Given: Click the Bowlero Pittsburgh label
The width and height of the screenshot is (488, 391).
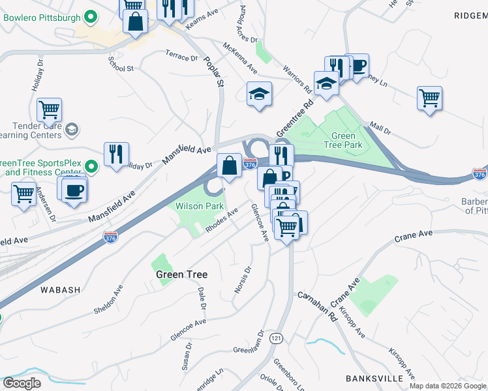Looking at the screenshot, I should pos(40,17).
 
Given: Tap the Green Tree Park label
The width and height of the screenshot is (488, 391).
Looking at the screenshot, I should pos(343,140).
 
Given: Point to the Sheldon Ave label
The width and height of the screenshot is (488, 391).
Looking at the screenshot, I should pos(109,298).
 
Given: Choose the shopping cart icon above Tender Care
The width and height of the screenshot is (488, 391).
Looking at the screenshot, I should pos(49,111).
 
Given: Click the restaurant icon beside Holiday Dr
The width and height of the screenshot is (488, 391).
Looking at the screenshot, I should pos(116,154).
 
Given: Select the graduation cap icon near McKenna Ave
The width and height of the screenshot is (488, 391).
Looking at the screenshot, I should pos(259,94).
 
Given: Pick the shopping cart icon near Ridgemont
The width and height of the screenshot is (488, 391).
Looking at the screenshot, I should pos(429,98).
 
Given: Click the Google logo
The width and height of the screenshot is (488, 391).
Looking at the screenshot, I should pos(22,383).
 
